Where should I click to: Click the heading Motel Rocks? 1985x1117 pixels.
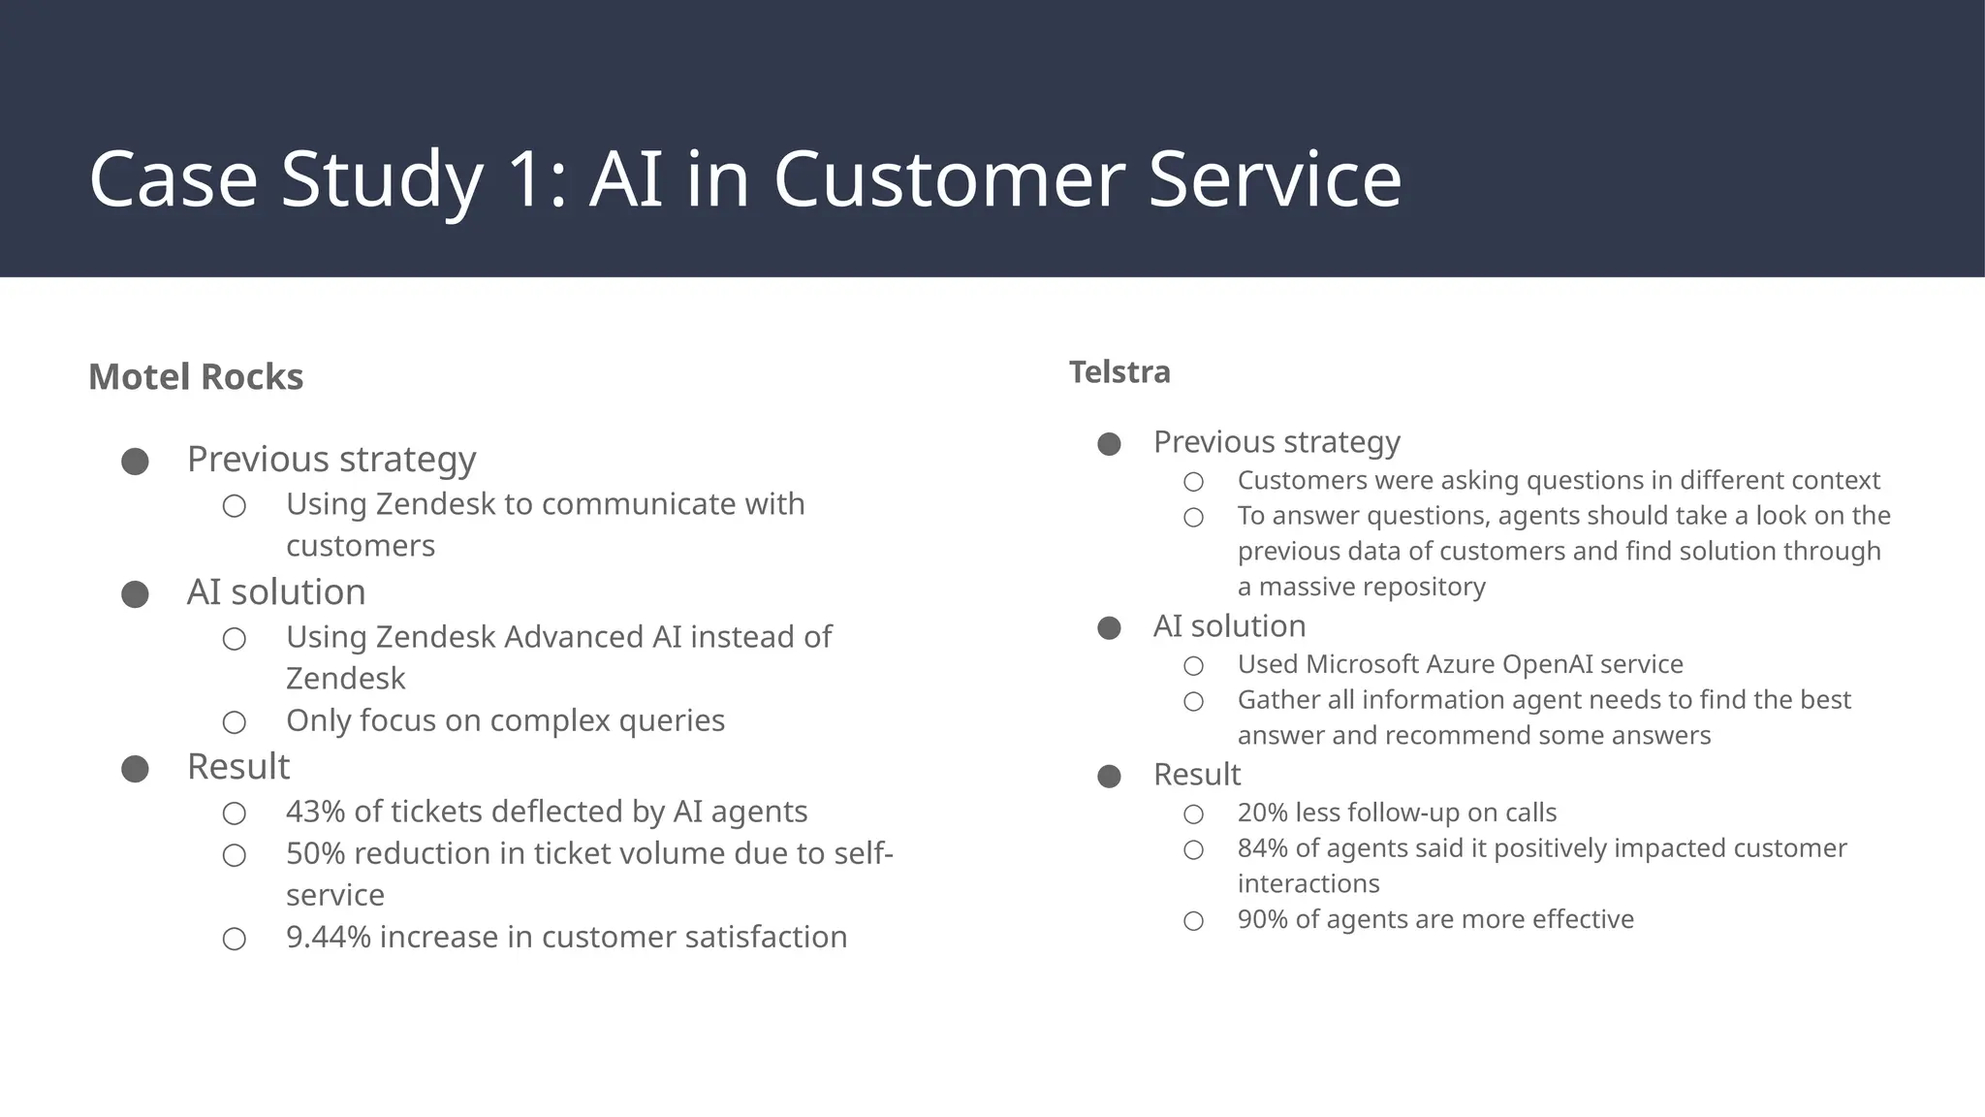tap(195, 377)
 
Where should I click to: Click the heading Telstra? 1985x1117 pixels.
tap(1119, 372)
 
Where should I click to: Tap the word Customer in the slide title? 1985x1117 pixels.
tap(948, 179)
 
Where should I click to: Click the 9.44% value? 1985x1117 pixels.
tap(328, 938)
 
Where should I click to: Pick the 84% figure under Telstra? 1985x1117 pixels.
tap(1262, 848)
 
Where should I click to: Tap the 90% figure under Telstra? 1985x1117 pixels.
tap(1262, 919)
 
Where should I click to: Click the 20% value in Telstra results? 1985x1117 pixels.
tap(1262, 813)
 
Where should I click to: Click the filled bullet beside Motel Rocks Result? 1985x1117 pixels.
tap(135, 769)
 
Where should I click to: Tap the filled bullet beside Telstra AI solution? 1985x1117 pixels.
tap(1109, 628)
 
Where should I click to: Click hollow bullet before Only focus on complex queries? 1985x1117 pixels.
tap(234, 722)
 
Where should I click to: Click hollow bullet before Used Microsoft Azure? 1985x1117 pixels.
tap(1193, 666)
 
